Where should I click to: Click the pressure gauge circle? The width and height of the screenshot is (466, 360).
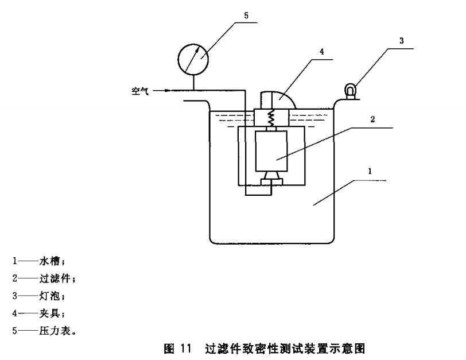pyautogui.click(x=193, y=60)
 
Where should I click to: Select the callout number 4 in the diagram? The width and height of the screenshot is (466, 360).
pyautogui.click(x=322, y=52)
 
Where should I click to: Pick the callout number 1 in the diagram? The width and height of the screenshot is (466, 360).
pyautogui.click(x=371, y=172)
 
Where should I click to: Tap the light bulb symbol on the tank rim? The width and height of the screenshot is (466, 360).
pyautogui.click(x=349, y=90)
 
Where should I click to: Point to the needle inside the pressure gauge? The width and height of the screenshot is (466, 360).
pyautogui.click(x=195, y=57)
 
